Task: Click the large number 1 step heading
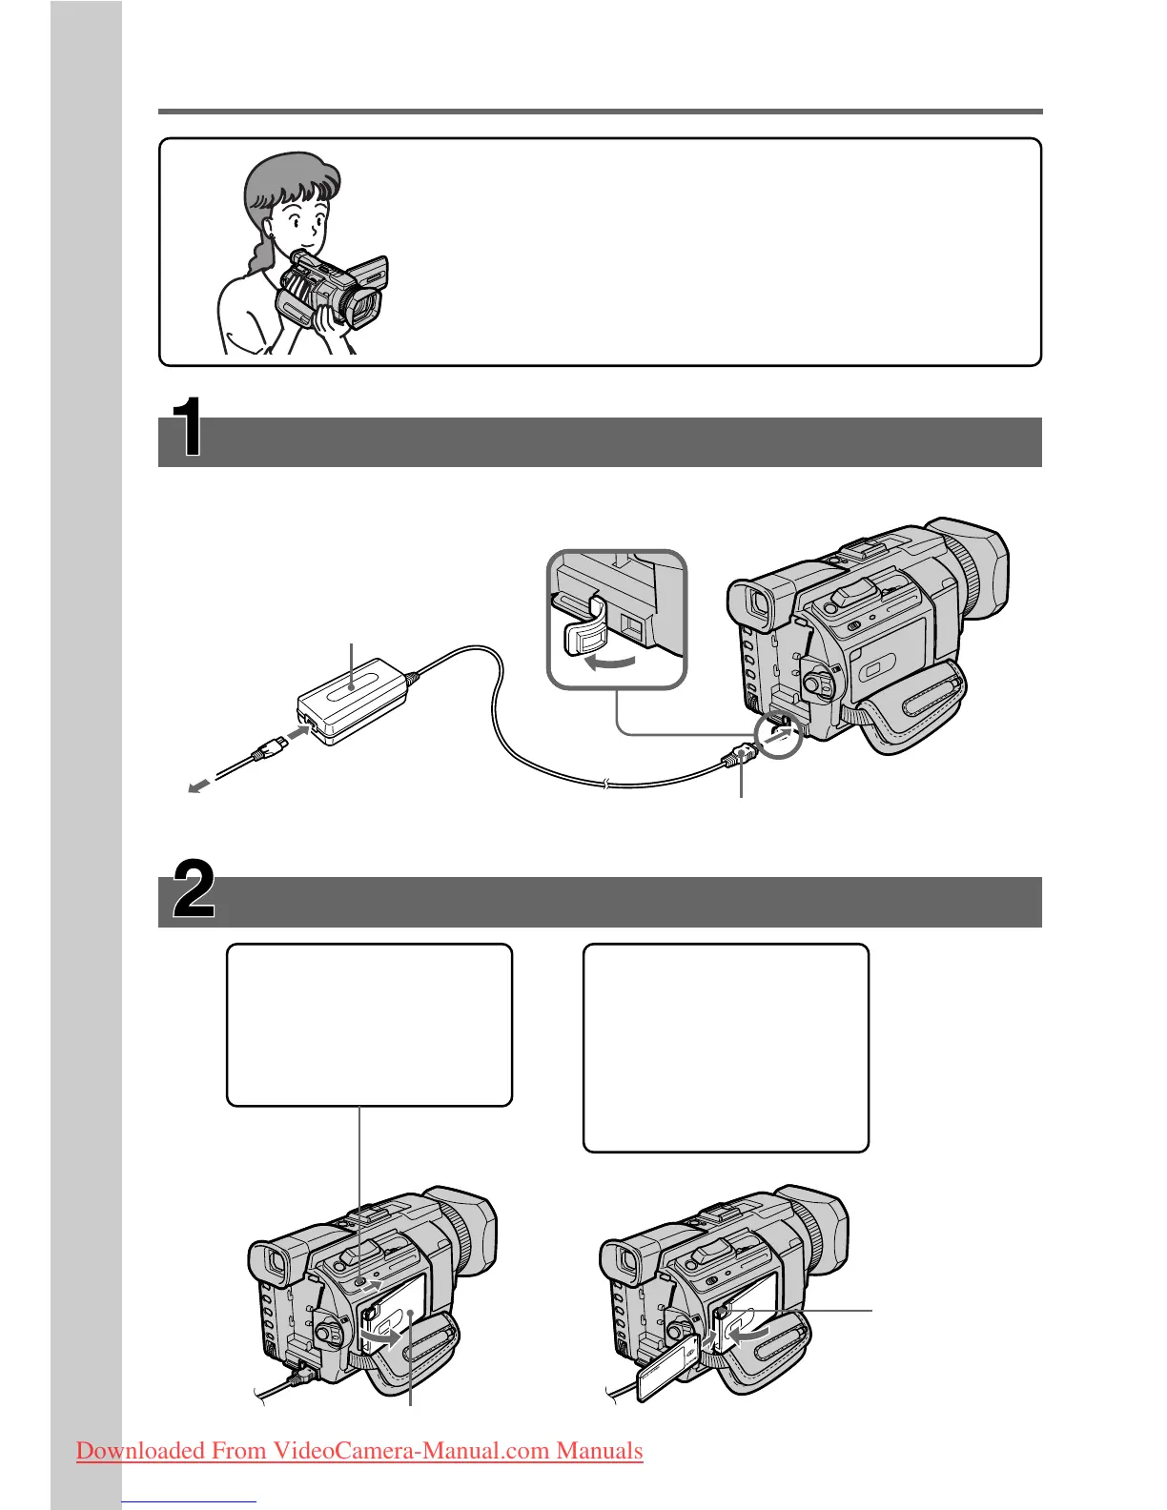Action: pyautogui.click(x=186, y=427)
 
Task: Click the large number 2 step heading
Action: pyautogui.click(x=194, y=889)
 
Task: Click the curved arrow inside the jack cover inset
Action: pyautogui.click(x=609, y=661)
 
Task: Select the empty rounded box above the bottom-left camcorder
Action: pyautogui.click(x=369, y=1024)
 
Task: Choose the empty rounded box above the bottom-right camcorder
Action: pyautogui.click(x=726, y=1048)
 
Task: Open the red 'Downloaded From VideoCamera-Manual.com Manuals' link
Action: pyautogui.click(x=359, y=1450)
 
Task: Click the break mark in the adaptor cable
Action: pyautogui.click(x=606, y=785)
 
